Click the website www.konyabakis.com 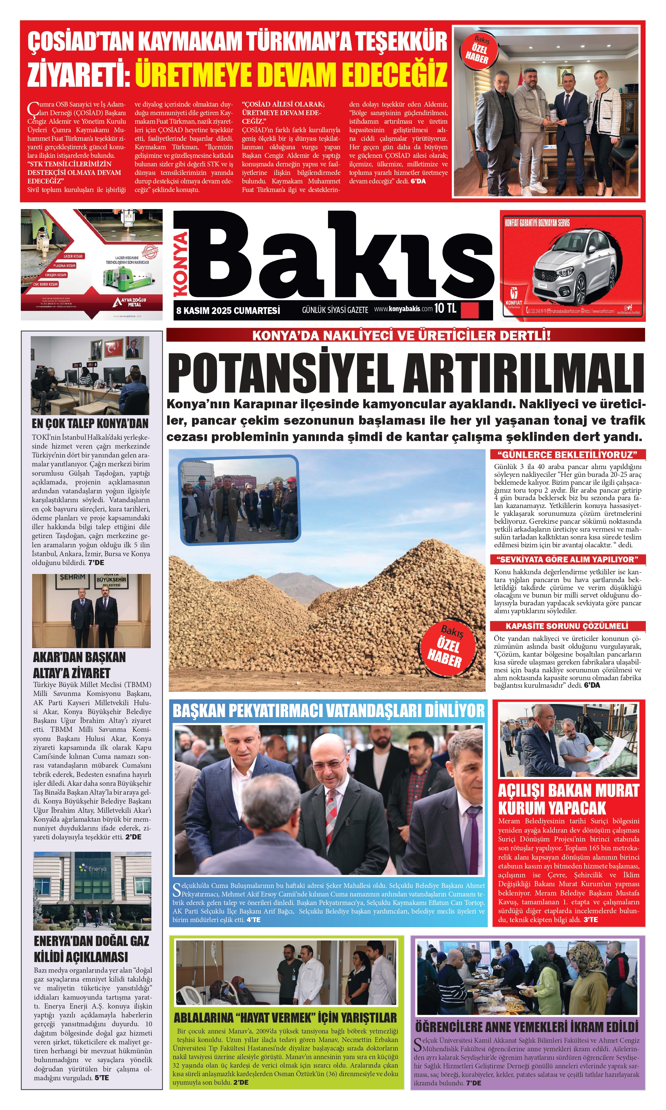tap(403, 309)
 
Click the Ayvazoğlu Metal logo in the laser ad tap(129, 302)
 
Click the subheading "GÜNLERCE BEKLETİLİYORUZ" tap(567, 454)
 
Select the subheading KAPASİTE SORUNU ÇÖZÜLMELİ tap(567, 626)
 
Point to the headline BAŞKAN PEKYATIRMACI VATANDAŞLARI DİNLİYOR tap(328, 711)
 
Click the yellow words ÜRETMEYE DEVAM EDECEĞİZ tap(291, 74)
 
